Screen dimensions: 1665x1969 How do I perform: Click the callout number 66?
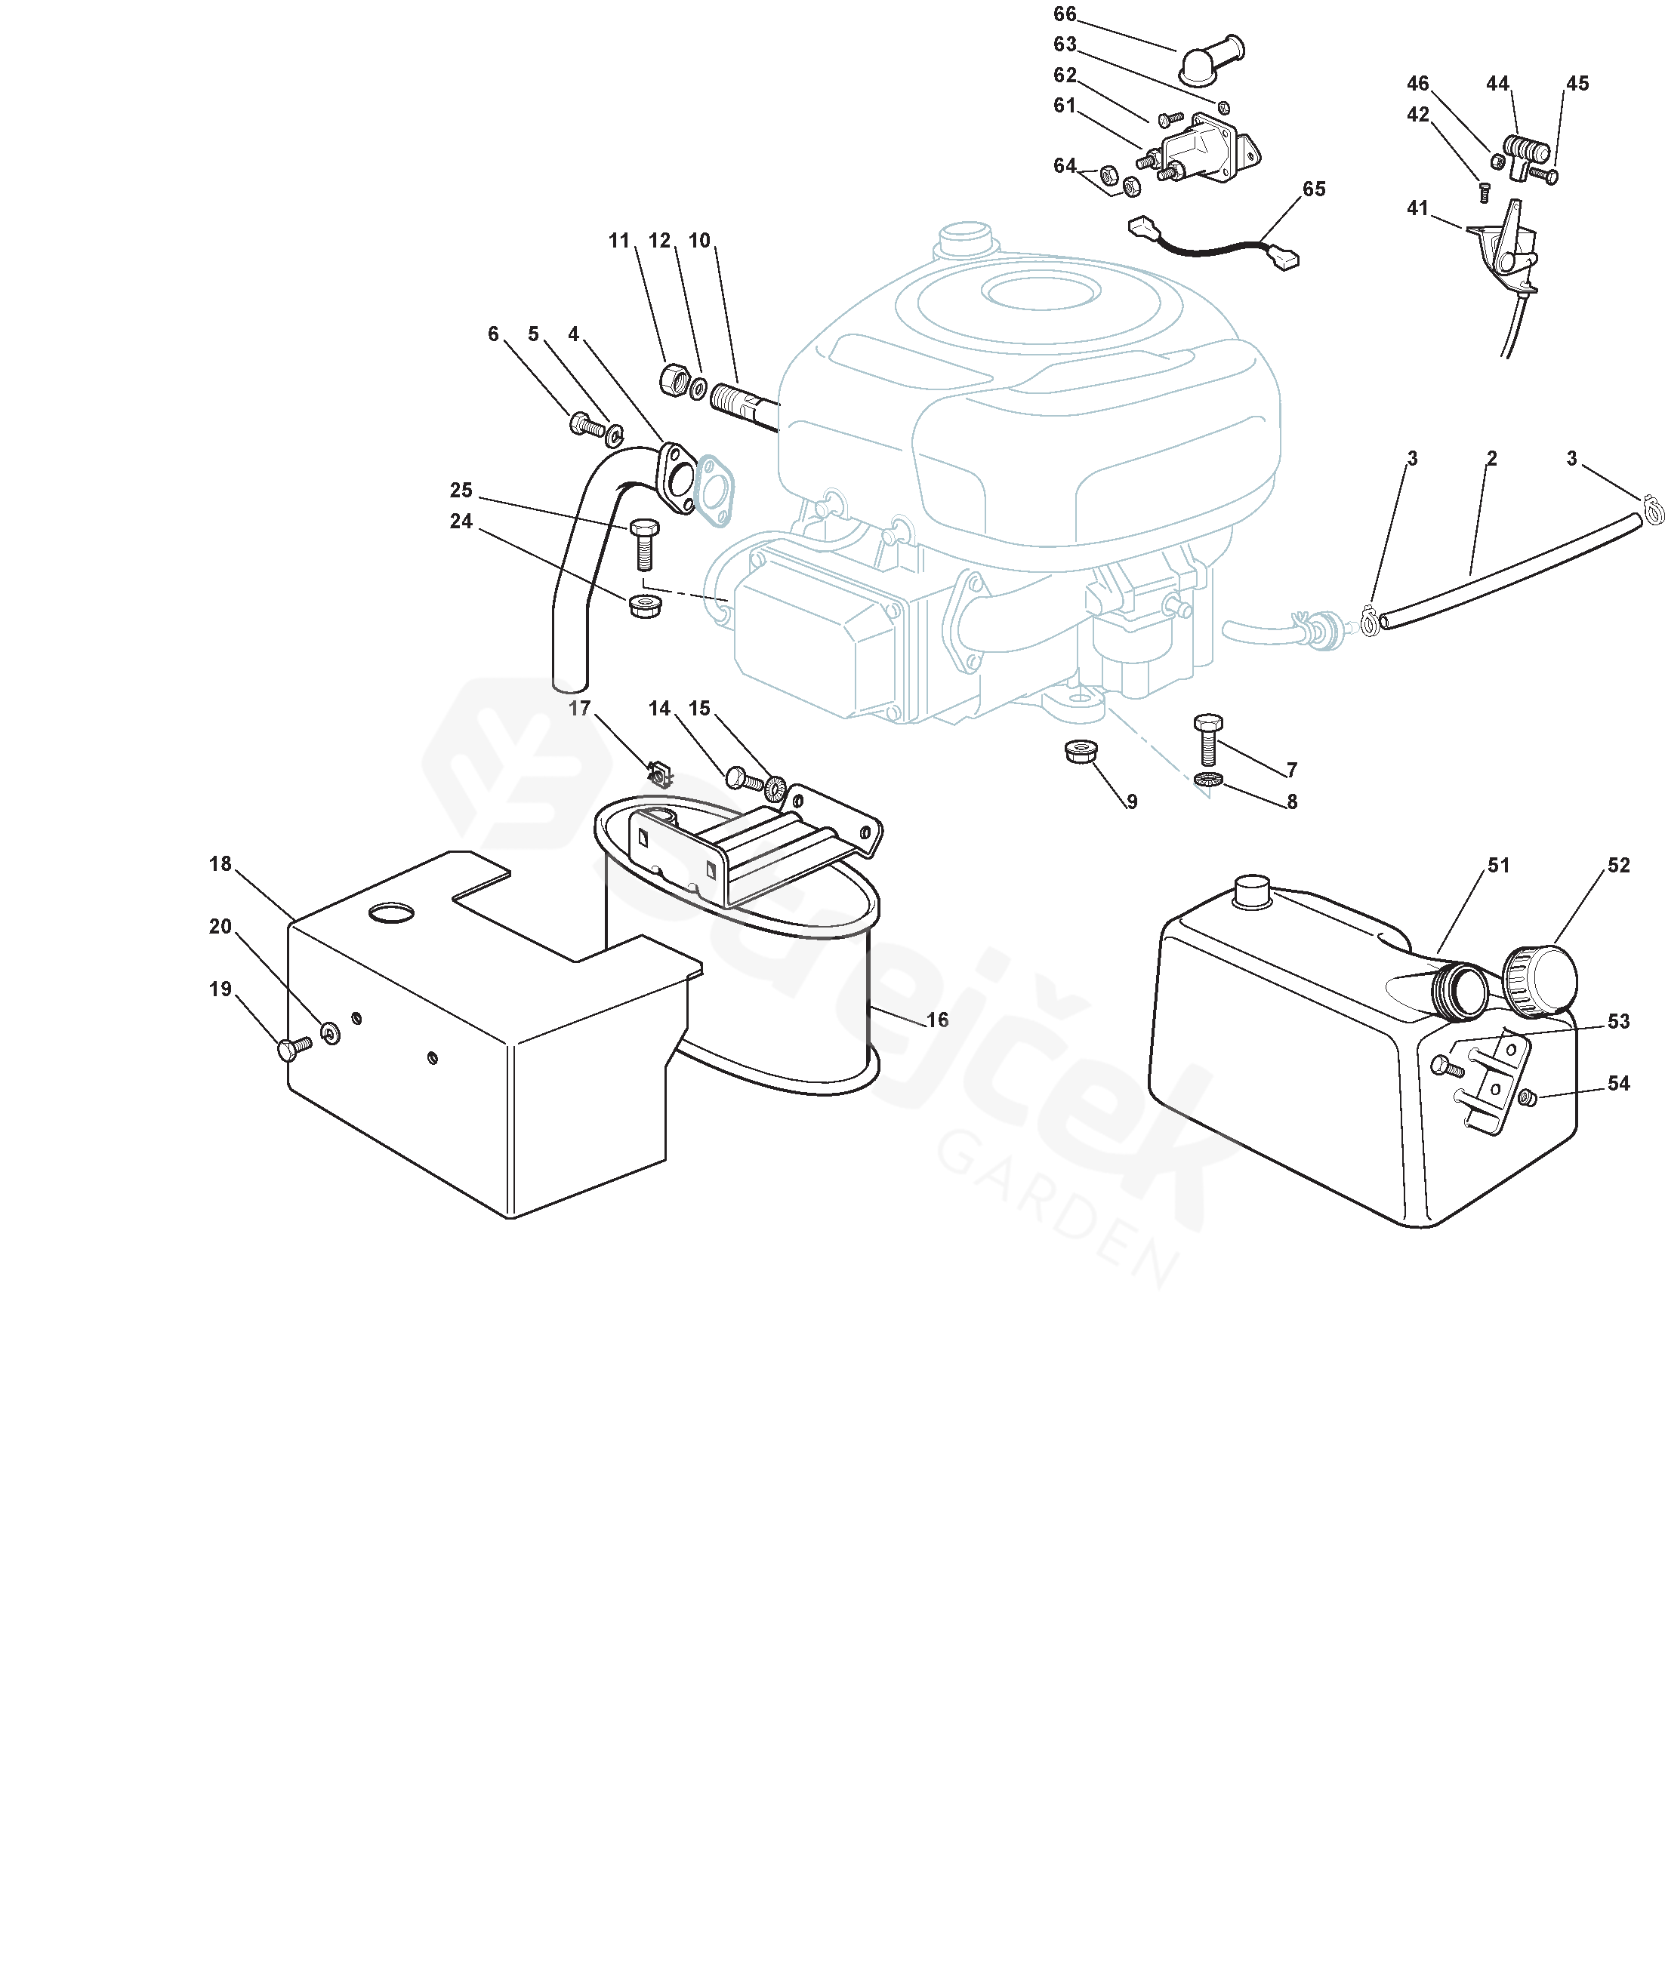pos(1065,14)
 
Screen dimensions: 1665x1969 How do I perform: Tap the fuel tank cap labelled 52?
pos(1540,981)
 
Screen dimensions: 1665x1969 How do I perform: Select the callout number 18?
pos(220,864)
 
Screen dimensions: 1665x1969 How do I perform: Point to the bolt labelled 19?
pos(294,1048)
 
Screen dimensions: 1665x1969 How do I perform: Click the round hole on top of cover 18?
pos(391,912)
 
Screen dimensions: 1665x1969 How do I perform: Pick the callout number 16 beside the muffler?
pos(937,1020)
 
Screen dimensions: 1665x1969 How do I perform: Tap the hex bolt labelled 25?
pos(643,543)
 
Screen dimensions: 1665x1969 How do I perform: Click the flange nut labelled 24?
pos(645,606)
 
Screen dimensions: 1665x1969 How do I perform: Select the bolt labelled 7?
pos(1208,740)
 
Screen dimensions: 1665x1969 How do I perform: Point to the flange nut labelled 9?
pos(1080,751)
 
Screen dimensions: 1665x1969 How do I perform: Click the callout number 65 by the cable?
pos(1314,189)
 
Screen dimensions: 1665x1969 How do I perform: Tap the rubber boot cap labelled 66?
pos(1211,60)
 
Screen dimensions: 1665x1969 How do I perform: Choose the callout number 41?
pos(1418,208)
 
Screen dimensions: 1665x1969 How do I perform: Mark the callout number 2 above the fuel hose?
pos(1492,459)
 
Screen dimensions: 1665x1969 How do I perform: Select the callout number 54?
pos(1619,1083)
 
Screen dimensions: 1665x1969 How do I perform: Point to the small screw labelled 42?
pos(1483,192)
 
